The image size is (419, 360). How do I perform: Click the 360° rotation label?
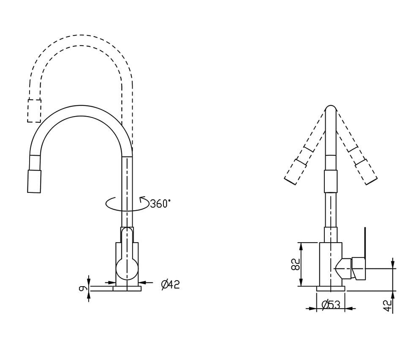160,203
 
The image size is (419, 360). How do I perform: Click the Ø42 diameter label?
171,284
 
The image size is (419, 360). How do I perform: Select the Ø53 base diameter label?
331,305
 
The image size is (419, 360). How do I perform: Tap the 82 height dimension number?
296,264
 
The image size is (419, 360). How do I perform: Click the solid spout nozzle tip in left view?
34,181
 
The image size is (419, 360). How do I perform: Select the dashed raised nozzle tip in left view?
34,111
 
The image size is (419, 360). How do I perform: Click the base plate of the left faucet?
127,288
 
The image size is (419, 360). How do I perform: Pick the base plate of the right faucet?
331,288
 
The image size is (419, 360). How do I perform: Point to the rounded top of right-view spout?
331,108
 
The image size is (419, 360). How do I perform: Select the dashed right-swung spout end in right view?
366,172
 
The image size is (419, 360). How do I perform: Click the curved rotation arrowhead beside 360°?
142,199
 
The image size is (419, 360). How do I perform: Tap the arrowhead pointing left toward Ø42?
142,282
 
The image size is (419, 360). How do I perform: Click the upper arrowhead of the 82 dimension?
301,246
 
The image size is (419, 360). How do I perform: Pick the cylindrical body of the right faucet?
331,264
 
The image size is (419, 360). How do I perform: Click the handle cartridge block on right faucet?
359,269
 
